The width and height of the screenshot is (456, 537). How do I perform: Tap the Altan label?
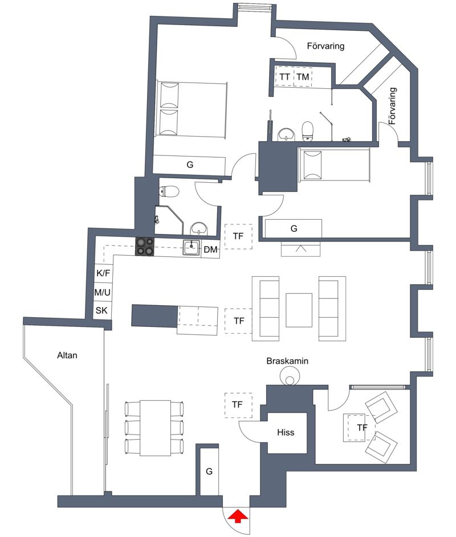67,355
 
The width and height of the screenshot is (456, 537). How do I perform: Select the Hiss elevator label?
286,432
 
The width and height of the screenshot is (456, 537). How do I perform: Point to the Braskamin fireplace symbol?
289,376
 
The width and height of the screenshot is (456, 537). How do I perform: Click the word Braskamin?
287,360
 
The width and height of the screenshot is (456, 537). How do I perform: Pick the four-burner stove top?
144,247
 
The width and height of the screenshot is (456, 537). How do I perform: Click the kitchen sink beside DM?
192,248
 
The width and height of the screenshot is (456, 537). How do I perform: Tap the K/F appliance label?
103,273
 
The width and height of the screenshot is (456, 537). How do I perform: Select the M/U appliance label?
103,292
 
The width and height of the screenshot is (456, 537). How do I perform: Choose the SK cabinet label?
101,310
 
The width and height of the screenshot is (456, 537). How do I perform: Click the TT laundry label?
284,77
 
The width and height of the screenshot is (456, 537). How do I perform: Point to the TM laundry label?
303,77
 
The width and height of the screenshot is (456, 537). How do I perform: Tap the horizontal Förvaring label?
325,46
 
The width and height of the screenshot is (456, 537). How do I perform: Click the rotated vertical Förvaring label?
393,106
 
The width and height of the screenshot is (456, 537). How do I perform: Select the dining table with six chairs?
155,428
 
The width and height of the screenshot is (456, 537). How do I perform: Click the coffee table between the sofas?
299,310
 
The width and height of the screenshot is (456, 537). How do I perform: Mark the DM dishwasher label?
210,249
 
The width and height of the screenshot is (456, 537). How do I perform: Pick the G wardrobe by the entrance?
209,472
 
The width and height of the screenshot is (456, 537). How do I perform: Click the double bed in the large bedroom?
192,109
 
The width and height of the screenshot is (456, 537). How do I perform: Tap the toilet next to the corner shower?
169,191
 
